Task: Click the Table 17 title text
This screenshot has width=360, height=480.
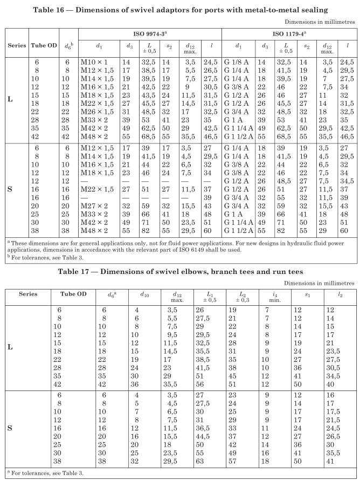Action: [179, 271]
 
